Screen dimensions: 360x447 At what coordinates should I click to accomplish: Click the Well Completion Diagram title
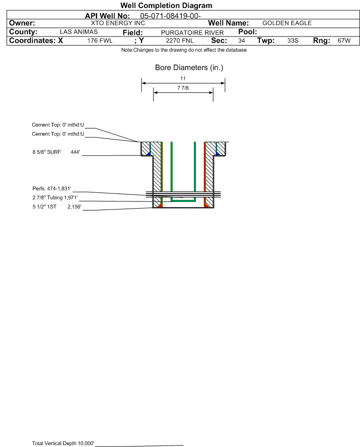[166, 5]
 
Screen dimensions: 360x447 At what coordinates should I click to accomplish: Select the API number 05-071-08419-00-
[171, 16]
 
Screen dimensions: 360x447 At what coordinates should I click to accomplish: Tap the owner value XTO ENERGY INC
[118, 23]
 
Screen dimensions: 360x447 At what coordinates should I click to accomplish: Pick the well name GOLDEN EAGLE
[287, 23]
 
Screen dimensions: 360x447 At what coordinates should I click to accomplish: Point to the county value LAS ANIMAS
[79, 32]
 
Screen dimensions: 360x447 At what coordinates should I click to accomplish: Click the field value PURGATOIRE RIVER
[192, 33]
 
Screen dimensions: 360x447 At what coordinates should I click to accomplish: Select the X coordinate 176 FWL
[100, 40]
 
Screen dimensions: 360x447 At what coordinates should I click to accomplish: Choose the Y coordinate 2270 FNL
[180, 40]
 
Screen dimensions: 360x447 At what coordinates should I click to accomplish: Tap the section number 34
[241, 40]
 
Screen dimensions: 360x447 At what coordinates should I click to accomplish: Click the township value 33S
[293, 40]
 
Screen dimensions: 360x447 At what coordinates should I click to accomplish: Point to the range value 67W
[344, 40]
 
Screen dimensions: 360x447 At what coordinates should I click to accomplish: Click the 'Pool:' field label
[248, 32]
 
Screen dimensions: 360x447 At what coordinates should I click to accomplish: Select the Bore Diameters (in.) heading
[189, 68]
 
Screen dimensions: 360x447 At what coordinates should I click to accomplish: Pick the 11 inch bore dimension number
[183, 78]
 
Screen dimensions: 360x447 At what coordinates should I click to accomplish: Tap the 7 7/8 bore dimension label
[183, 88]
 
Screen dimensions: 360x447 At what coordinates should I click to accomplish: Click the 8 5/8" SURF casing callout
[46, 152]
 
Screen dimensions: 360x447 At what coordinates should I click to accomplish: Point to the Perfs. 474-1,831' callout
[52, 189]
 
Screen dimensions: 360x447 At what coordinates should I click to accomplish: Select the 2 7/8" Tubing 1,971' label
[55, 198]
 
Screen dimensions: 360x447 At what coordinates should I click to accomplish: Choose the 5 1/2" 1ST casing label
[44, 207]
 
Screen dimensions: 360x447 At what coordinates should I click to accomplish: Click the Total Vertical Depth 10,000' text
[63, 443]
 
